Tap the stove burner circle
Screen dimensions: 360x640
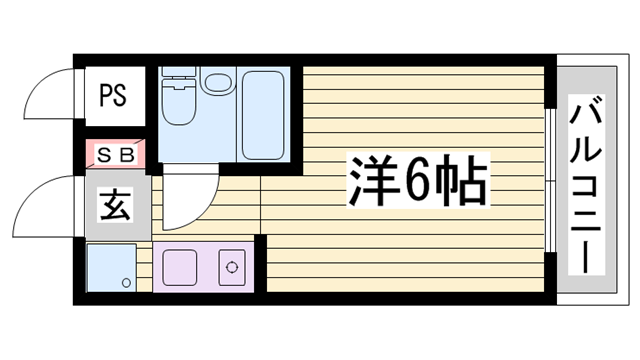click(x=231, y=267)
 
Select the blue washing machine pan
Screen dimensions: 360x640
click(x=110, y=267)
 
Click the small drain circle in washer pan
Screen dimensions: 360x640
click(x=126, y=283)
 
